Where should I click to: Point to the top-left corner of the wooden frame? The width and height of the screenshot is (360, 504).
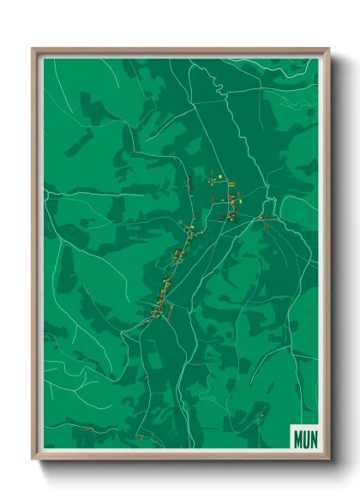[33, 49]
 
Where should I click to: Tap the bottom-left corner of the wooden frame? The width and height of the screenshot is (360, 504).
[33, 459]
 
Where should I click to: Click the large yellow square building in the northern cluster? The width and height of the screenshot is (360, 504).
[219, 176]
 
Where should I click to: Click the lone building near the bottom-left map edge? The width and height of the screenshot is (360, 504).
[145, 377]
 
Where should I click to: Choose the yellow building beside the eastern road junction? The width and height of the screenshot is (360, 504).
[263, 217]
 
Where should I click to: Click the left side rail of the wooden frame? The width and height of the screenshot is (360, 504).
[35, 257]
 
